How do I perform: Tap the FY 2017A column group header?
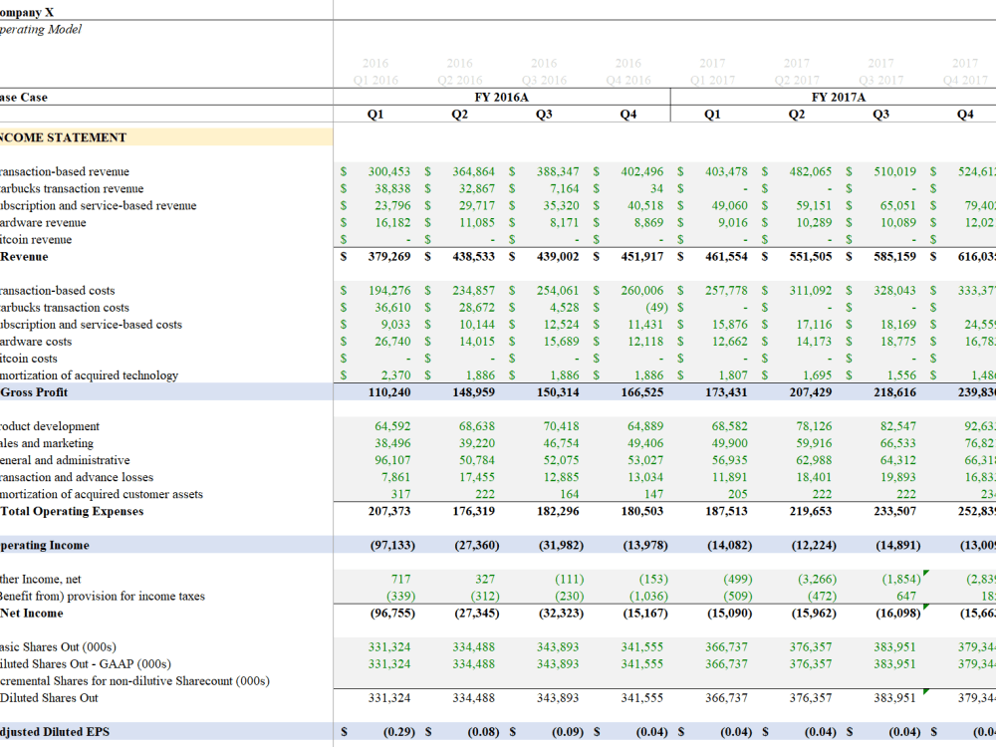click(x=839, y=98)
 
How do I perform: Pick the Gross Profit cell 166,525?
click(x=642, y=392)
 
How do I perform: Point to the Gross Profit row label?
click(x=35, y=392)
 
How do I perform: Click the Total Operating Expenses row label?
click(x=72, y=512)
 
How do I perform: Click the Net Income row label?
click(x=32, y=614)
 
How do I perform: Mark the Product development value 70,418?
click(x=562, y=426)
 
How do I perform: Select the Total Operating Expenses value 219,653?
click(x=811, y=512)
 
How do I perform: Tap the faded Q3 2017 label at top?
click(x=880, y=81)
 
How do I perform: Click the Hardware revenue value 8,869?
click(x=647, y=223)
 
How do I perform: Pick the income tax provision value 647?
click(x=905, y=597)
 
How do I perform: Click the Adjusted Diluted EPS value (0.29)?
click(x=397, y=732)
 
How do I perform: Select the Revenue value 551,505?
click(x=810, y=257)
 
